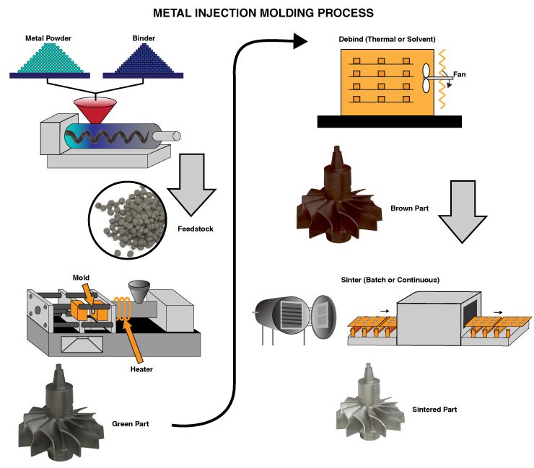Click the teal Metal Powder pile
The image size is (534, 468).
(49, 59)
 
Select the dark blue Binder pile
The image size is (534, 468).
(142, 59)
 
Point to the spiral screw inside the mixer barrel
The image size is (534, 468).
(108, 136)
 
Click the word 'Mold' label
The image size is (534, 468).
(82, 277)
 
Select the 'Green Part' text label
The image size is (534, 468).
(131, 423)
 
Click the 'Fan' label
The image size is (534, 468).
(458, 74)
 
